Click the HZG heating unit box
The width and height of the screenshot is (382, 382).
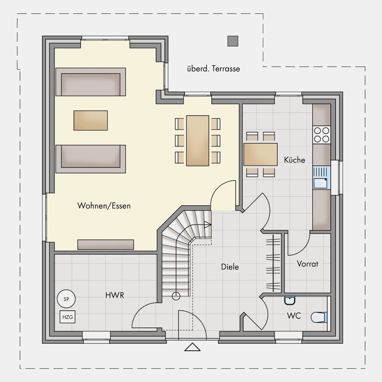click(x=68, y=317)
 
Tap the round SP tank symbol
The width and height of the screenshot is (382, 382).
click(x=66, y=299)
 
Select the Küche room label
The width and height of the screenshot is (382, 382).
click(x=295, y=160)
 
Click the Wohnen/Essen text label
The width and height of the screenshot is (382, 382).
click(x=104, y=206)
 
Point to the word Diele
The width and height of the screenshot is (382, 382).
click(x=230, y=267)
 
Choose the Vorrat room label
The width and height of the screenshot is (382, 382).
click(x=308, y=264)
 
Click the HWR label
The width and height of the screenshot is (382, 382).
click(x=115, y=295)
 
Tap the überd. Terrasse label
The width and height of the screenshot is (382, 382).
click(x=214, y=69)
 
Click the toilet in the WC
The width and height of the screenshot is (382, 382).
click(x=319, y=317)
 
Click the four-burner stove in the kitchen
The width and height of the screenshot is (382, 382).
click(x=322, y=135)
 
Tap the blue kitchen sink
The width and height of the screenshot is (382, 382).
click(x=322, y=178)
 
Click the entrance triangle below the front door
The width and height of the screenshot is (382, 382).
click(x=193, y=347)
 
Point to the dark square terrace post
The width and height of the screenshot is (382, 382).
click(x=233, y=41)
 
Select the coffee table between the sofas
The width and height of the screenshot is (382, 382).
click(x=91, y=120)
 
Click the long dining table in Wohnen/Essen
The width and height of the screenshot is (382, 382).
click(x=197, y=141)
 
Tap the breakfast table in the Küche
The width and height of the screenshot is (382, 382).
click(x=261, y=154)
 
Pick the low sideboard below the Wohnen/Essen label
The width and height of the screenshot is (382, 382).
click(x=106, y=244)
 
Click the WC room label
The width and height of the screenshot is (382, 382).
click(x=294, y=316)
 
